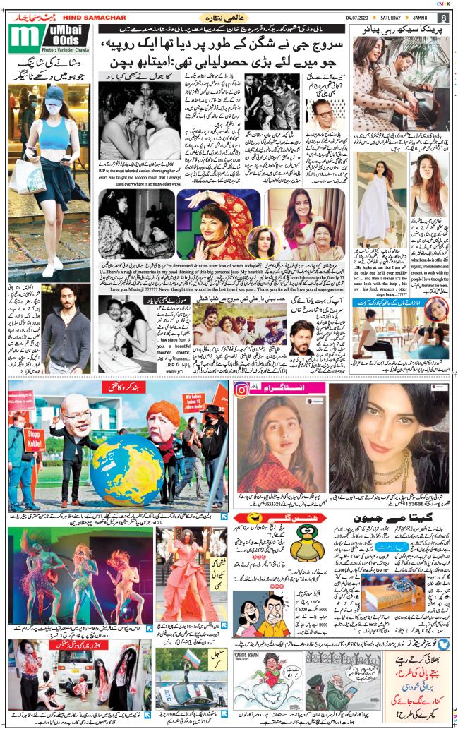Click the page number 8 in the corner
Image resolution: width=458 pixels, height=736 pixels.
(x=443, y=18)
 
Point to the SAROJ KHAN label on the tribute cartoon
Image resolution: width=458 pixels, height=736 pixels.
(x=250, y=656)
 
